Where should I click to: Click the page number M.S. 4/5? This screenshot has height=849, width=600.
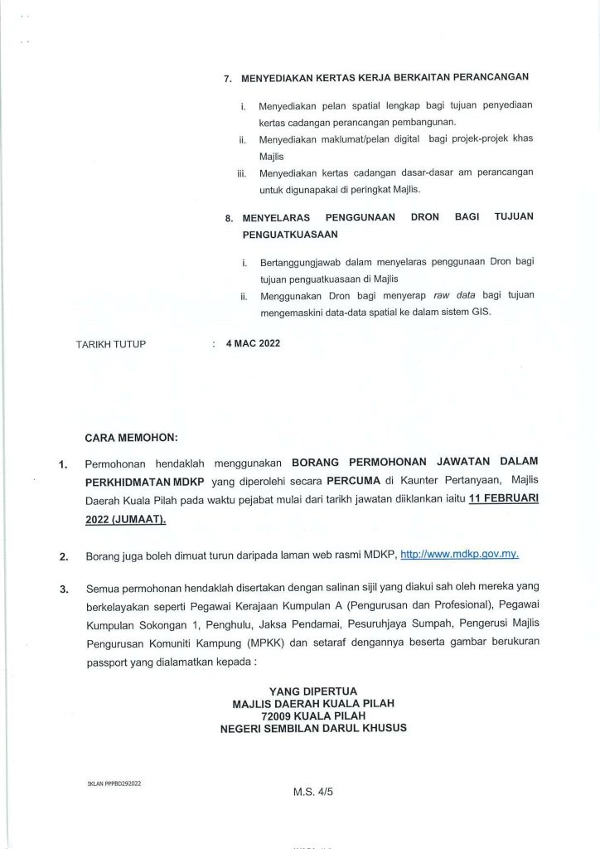312,791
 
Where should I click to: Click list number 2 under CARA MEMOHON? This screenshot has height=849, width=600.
64,555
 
